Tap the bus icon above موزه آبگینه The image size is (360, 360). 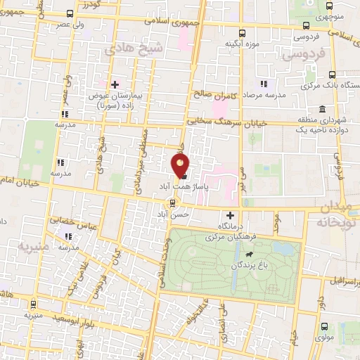coord(243,33)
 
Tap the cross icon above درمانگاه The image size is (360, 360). coord(230,214)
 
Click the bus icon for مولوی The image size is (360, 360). coord(323,326)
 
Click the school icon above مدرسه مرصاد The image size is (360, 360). coord(263,83)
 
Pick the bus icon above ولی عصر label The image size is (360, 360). coord(69,13)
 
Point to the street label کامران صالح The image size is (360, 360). coord(210,94)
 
